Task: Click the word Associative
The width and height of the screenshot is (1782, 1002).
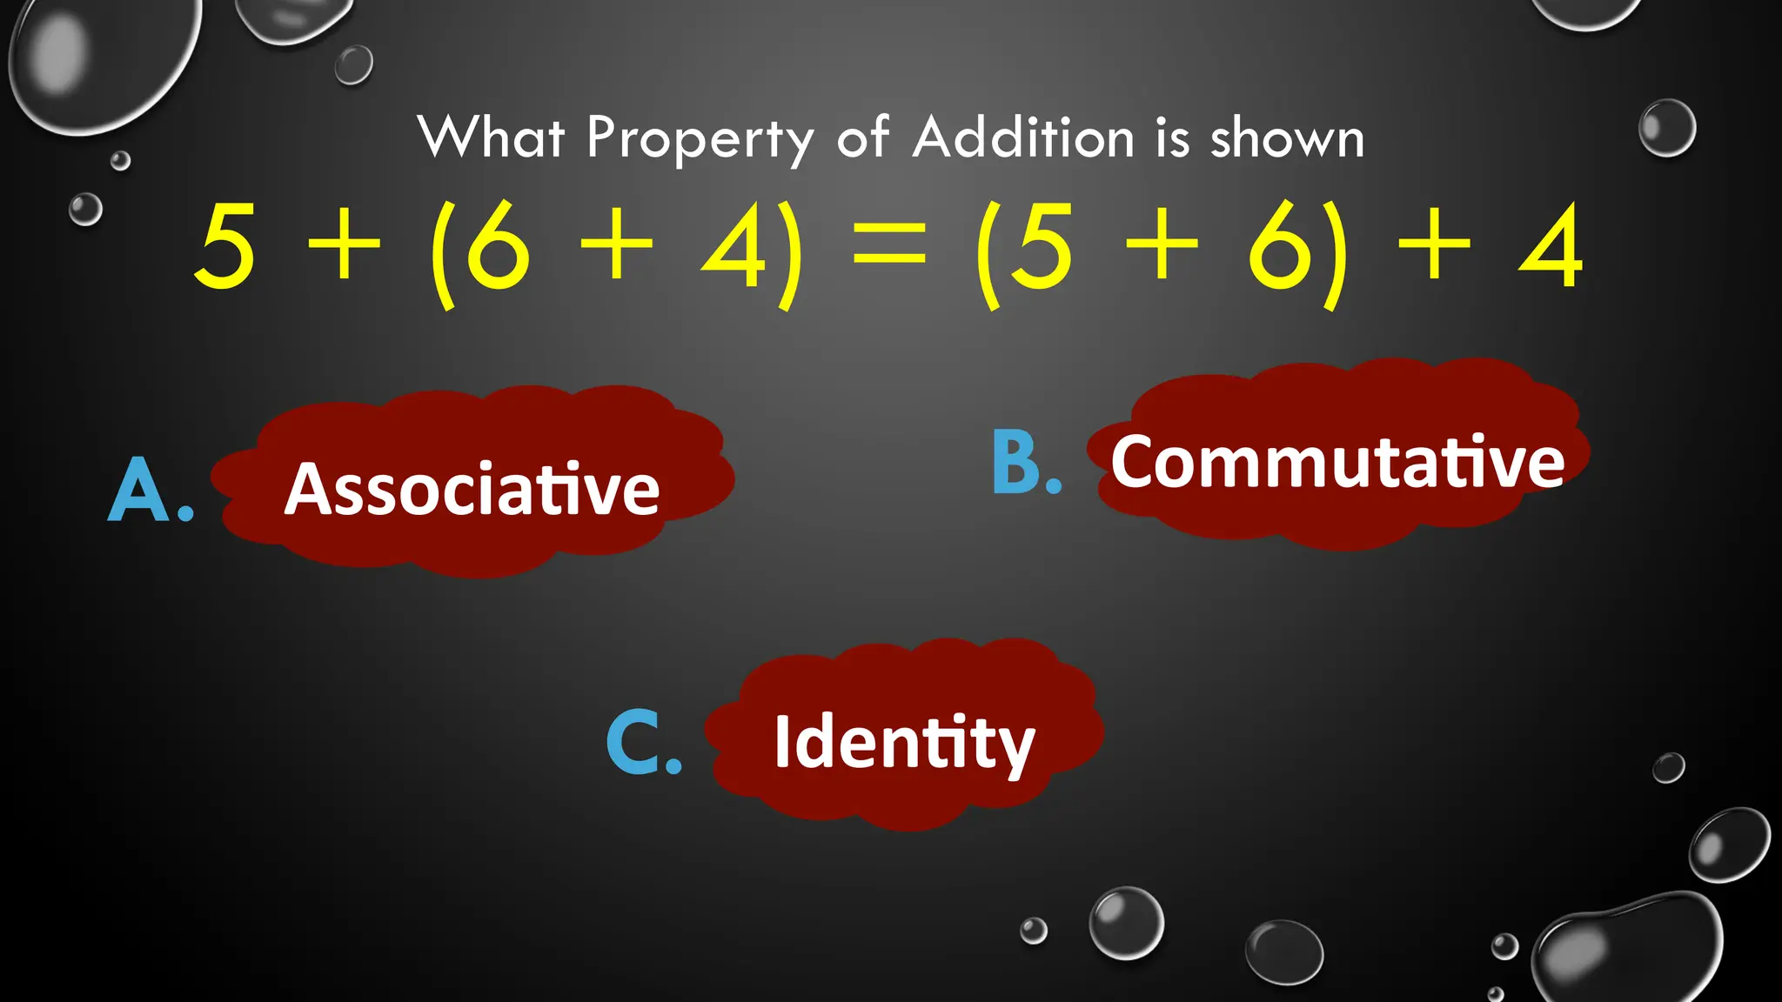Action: coord(472,489)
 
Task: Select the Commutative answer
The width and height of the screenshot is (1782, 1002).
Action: coord(1337,462)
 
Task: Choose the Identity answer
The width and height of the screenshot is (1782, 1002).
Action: coord(904,742)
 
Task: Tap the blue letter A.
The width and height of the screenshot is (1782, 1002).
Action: coord(139,491)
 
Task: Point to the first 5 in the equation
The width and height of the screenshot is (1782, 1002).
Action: coord(224,247)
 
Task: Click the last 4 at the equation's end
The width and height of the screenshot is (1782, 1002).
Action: coord(1551,247)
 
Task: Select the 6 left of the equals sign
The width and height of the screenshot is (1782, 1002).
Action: coord(498,247)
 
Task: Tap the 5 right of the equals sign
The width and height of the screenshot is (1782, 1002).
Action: coord(1041,247)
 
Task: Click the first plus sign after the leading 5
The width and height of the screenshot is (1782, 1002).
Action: coord(345,247)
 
